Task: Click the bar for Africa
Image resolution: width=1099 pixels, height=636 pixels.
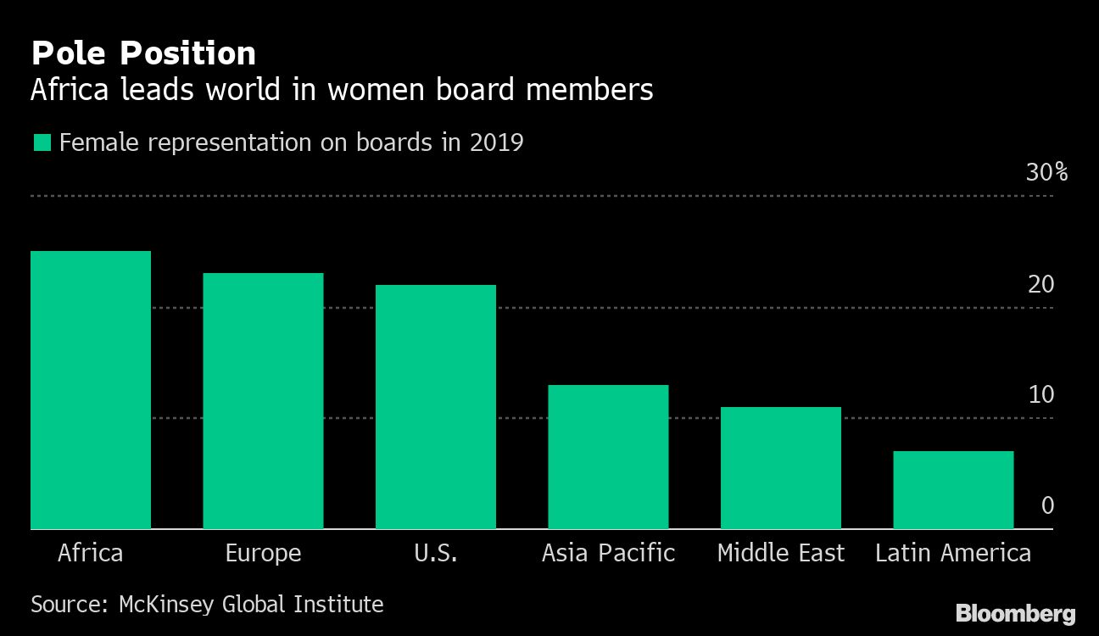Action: pyautogui.click(x=91, y=390)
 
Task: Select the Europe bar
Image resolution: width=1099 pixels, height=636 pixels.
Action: pyautogui.click(x=263, y=401)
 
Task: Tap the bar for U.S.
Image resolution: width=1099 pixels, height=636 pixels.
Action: pyautogui.click(x=436, y=407)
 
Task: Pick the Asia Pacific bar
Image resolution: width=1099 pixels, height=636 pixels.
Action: pyautogui.click(x=608, y=457)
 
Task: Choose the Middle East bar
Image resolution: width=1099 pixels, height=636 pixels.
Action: pyautogui.click(x=780, y=468)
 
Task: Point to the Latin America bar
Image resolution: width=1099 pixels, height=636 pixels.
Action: pyautogui.click(x=953, y=490)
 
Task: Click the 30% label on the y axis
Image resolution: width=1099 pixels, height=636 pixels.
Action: pyautogui.click(x=1046, y=173)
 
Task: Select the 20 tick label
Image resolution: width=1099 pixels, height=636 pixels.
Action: pyautogui.click(x=1040, y=284)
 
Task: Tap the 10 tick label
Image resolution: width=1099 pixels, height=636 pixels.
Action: pyautogui.click(x=1040, y=395)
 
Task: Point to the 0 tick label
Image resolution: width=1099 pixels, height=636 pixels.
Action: pyautogui.click(x=1047, y=506)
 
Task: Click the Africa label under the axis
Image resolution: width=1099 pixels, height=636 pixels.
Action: pyautogui.click(x=91, y=554)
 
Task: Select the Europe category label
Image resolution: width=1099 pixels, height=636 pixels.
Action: pyautogui.click(x=263, y=554)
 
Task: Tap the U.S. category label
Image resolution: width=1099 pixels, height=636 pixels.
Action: pyautogui.click(x=436, y=554)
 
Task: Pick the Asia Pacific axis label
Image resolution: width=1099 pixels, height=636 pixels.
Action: pyautogui.click(x=608, y=554)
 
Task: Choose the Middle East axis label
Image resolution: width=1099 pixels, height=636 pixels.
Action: pyautogui.click(x=780, y=554)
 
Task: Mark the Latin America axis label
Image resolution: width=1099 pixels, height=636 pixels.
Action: pyautogui.click(x=953, y=554)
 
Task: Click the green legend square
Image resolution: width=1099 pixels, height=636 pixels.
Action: pyautogui.click(x=42, y=142)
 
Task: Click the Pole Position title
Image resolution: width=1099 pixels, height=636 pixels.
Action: pyautogui.click(x=143, y=53)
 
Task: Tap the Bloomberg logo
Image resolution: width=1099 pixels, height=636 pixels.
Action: pyautogui.click(x=1015, y=613)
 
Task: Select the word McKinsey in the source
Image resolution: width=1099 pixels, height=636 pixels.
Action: pyautogui.click(x=166, y=605)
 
